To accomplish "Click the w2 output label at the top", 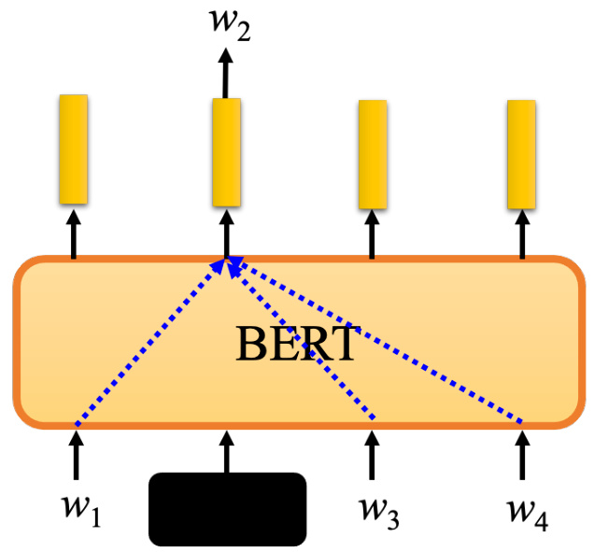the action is pos(231,25).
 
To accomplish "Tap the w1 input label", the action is pos(82,512).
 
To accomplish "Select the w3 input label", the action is pos(379,513).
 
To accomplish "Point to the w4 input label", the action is pos(528,514).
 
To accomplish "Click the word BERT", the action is pos(295,344).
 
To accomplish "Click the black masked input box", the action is pos(227,509).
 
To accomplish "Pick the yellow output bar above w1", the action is pos(74,149).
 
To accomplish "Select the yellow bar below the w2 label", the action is pos(227,152).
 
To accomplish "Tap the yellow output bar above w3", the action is pos(373,154).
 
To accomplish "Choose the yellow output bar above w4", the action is pos(522,154).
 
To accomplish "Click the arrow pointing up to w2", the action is pos(226,73).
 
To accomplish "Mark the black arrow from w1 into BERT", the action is pos(77,455).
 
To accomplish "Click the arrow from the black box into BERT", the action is pos(227,452).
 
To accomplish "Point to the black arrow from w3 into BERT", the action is pos(372,455).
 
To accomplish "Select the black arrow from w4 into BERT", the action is pos(522,455).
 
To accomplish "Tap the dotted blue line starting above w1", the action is pos(150,342).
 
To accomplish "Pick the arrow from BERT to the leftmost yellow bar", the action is pos(74,234).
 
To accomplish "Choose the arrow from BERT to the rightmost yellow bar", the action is pos(522,234).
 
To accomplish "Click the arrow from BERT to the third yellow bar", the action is pos(372,234).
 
